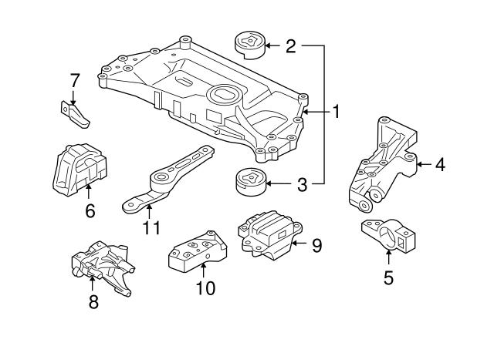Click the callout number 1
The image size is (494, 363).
click(336, 113)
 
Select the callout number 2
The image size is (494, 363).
click(290, 46)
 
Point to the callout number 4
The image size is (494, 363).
click(439, 163)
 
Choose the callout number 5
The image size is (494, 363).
click(388, 277)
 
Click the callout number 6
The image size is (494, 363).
click(90, 210)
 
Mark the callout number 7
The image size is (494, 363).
click(75, 80)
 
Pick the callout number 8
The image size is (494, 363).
click(93, 302)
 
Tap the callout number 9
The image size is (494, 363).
click(316, 246)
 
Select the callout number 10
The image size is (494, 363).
click(205, 289)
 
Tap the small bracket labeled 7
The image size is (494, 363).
click(76, 114)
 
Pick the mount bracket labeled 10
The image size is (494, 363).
click(198, 252)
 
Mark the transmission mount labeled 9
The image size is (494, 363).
click(268, 232)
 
